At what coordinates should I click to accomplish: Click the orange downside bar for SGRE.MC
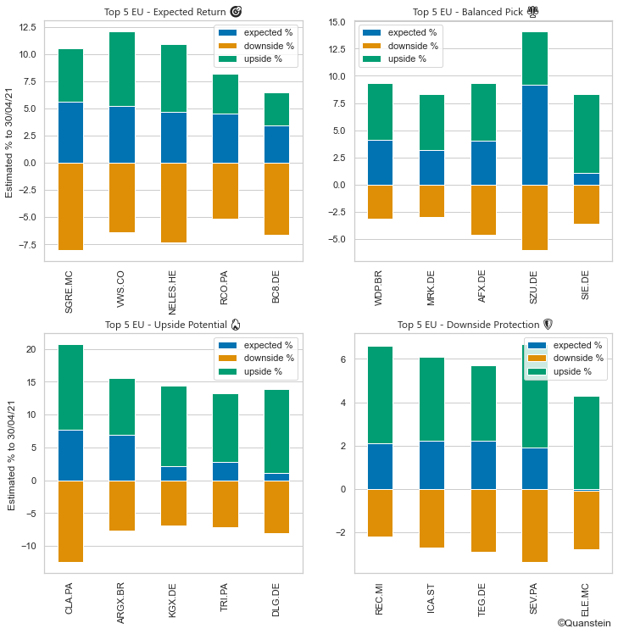[x=70, y=206]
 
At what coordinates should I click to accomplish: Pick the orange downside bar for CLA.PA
[x=70, y=521]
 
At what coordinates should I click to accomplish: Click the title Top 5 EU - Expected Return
[x=172, y=12]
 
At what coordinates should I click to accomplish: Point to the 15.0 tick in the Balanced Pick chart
[x=337, y=22]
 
